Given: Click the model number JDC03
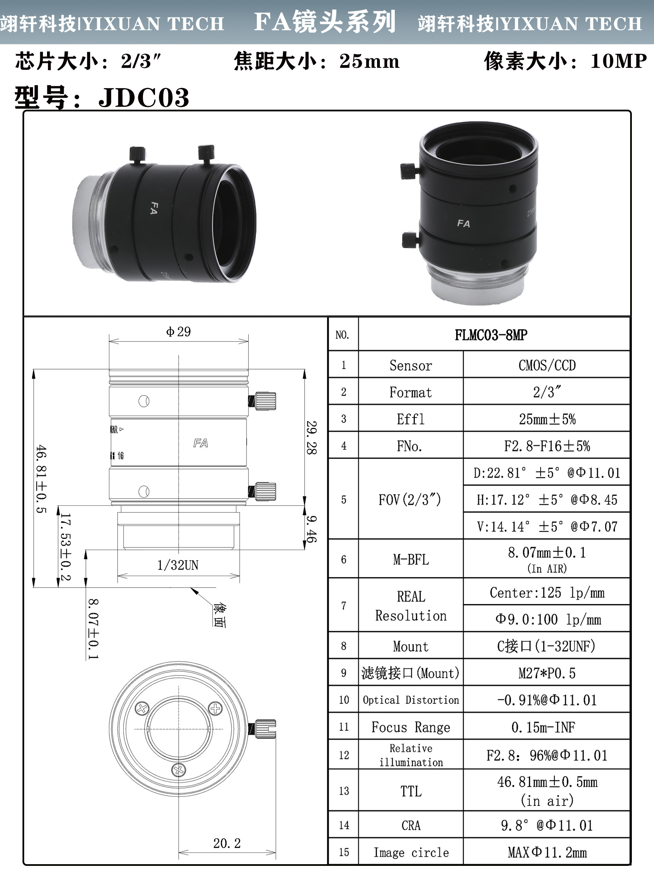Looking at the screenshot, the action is (x=144, y=97).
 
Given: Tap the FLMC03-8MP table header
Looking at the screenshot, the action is (x=491, y=335).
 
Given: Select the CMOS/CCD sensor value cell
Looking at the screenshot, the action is (x=547, y=365).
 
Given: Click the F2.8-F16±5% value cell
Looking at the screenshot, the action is (x=547, y=446).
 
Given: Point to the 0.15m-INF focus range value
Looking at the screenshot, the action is (x=543, y=727).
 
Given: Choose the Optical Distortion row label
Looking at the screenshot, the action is (x=411, y=700).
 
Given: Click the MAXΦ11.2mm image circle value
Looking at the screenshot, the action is (x=547, y=853).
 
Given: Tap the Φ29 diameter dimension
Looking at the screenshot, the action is (x=178, y=331).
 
